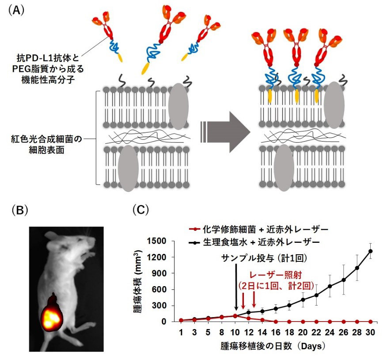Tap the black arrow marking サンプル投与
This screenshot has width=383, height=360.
coord(236,287)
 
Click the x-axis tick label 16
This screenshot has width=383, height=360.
coord(275,331)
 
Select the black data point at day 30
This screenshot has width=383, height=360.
coord(370,251)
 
